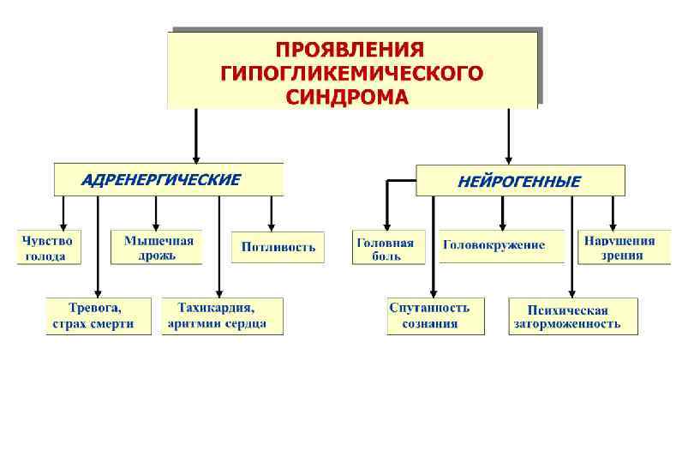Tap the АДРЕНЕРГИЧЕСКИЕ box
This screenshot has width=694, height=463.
(168, 180)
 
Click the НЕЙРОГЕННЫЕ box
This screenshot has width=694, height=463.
(520, 182)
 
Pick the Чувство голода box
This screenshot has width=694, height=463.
(49, 248)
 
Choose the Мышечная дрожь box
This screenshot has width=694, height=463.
(158, 247)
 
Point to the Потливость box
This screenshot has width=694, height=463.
(278, 247)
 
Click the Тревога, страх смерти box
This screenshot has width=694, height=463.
(99, 316)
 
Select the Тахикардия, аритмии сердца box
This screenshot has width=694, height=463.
(222, 316)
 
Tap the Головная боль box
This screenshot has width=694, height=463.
(385, 248)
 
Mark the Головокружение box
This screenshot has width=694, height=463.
(501, 245)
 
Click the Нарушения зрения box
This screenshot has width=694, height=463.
(624, 248)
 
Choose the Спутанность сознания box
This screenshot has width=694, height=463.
(435, 316)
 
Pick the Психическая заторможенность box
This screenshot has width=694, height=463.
(573, 316)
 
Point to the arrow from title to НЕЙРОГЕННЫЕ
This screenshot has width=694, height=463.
(509, 137)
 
